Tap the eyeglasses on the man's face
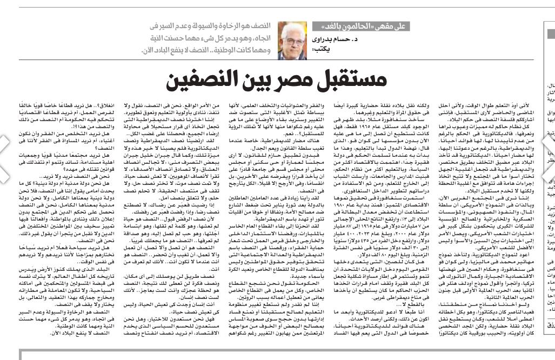[x=293, y=39]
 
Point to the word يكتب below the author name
[x=319, y=49]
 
